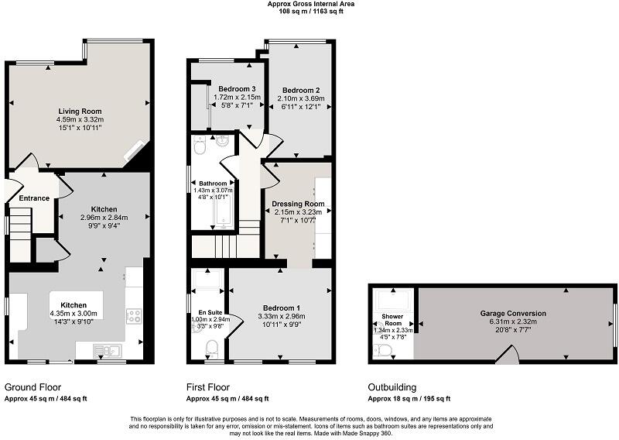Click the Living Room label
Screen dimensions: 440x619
[79, 112]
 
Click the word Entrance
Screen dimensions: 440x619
[34, 198]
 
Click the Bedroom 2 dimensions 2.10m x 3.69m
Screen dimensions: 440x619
[300, 99]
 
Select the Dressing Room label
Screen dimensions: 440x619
[298, 204]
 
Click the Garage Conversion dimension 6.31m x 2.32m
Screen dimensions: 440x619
[512, 322]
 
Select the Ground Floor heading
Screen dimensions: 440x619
[32, 387]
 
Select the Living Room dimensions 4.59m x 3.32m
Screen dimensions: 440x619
[79, 120]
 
